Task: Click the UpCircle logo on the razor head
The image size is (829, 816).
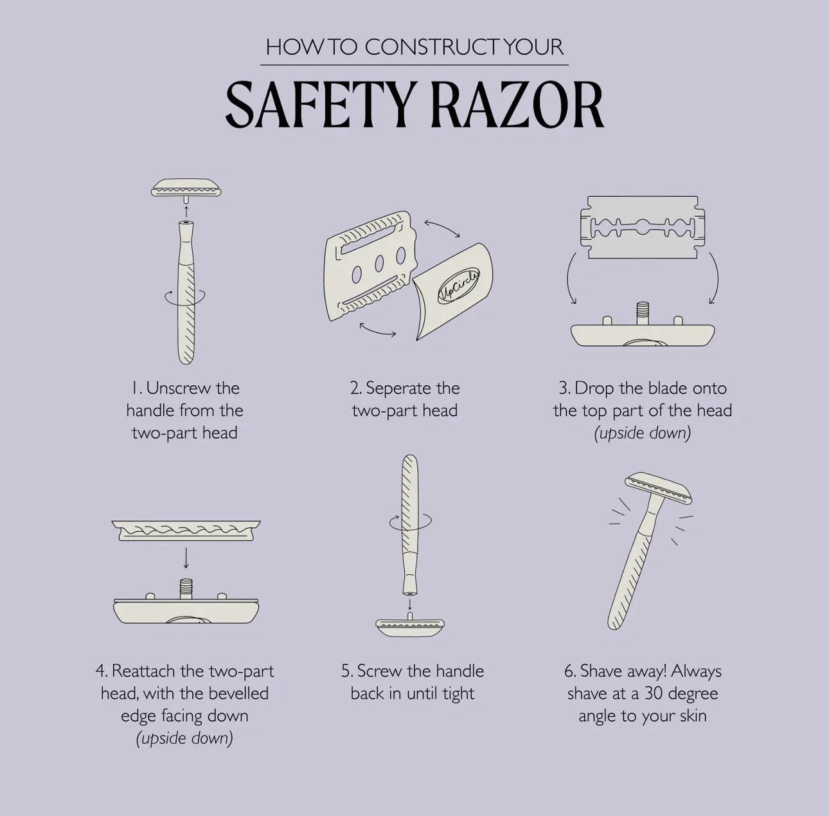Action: pyautogui.click(x=458, y=286)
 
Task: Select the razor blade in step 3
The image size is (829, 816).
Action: pyautogui.click(x=643, y=228)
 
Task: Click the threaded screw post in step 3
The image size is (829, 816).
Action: pyautogui.click(x=643, y=313)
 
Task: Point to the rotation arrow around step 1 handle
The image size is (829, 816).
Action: pyautogui.click(x=185, y=296)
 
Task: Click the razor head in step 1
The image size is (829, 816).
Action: pyautogui.click(x=187, y=188)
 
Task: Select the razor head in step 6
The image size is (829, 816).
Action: pyautogui.click(x=659, y=487)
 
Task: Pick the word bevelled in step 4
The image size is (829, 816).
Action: pyautogui.click(x=238, y=693)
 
